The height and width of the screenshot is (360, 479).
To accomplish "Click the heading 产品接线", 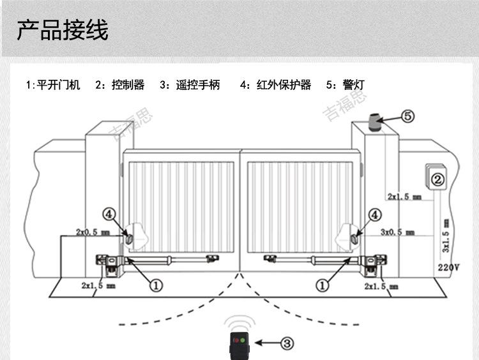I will pos(63,29).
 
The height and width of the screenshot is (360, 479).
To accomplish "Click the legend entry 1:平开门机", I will pos(53,85).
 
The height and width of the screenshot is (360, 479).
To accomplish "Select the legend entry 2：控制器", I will pos(119,85).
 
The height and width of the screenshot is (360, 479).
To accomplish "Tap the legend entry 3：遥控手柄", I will pos(190,85).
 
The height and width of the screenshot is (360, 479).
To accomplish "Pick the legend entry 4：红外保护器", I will pos(275,85).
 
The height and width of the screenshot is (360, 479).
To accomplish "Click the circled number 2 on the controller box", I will pos(437,180).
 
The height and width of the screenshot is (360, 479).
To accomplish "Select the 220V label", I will pos(448,267).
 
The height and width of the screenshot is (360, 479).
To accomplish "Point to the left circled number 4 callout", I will pos(110,215).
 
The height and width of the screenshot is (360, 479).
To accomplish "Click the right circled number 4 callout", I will pos(374,215).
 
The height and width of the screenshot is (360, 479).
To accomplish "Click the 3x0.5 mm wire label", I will pos(400,232).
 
